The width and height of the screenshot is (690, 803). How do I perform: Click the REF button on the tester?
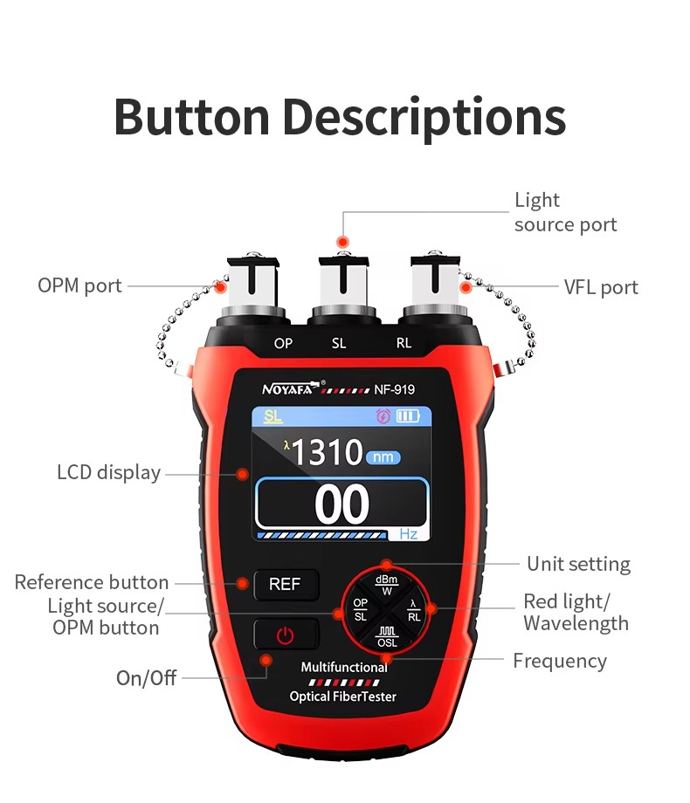point(286,585)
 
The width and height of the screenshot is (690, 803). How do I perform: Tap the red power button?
point(286,635)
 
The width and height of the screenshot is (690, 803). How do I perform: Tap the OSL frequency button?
point(387,636)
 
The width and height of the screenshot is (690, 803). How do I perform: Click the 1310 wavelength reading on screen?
point(327,453)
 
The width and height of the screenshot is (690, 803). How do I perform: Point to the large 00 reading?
point(342,504)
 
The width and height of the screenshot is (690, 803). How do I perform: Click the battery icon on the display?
point(408,416)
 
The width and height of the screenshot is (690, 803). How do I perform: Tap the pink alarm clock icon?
point(383,416)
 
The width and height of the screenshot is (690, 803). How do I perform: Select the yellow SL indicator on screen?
point(273,416)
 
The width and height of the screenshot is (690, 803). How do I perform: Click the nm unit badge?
point(383,456)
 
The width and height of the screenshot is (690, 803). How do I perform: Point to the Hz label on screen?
point(408,533)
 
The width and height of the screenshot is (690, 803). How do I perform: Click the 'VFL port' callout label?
point(600,287)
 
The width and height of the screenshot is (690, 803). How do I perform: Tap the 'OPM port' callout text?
point(79,285)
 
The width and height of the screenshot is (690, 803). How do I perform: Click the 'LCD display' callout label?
point(109,472)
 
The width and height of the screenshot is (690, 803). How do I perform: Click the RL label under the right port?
point(404,343)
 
